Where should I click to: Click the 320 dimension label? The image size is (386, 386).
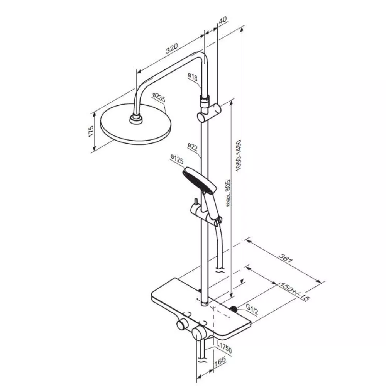pyautogui.click(x=172, y=49)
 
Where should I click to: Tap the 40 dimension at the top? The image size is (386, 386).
pyautogui.click(x=223, y=20)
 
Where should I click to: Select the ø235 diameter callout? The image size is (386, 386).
pyautogui.click(x=159, y=97)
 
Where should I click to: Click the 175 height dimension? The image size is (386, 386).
pyautogui.click(x=91, y=131)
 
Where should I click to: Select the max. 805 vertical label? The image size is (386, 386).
pyautogui.click(x=228, y=193)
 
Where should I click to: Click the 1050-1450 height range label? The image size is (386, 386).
pyautogui.click(x=238, y=155)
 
